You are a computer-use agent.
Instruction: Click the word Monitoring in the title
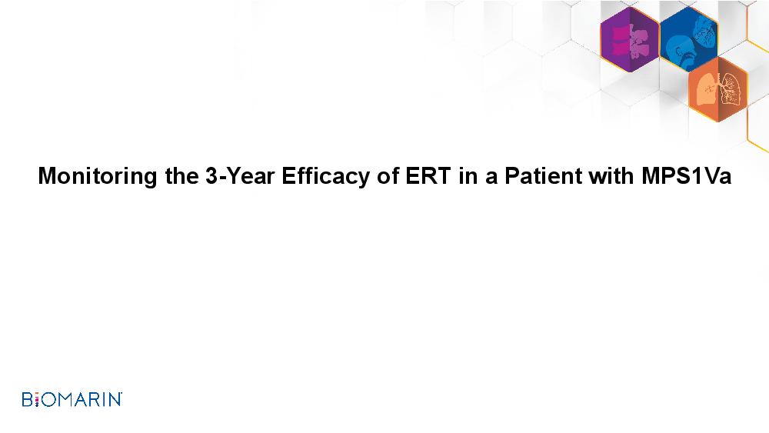click(x=98, y=177)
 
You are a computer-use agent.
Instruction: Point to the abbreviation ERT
click(x=428, y=175)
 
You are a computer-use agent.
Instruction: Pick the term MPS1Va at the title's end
click(x=687, y=175)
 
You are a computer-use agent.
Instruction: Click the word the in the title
click(x=181, y=175)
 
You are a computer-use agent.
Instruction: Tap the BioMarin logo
click(x=72, y=399)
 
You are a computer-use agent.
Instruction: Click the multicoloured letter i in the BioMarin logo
click(x=37, y=400)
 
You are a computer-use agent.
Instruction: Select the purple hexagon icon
click(x=630, y=39)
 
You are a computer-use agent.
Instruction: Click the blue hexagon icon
click(x=688, y=39)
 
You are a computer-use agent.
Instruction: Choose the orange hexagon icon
click(x=718, y=89)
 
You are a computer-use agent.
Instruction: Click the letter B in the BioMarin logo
click(x=28, y=400)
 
